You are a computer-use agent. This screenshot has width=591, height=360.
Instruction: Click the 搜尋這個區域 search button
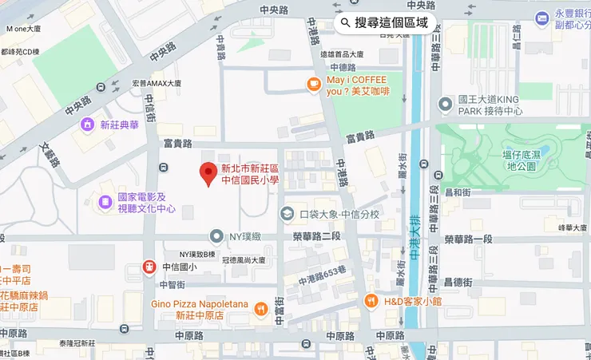tap(385, 22)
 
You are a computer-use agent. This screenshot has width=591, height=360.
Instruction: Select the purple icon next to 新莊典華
tap(86, 125)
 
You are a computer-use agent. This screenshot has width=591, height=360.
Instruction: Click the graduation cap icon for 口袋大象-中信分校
tap(287, 214)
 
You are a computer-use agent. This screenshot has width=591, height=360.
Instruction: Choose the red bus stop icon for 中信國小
tap(149, 267)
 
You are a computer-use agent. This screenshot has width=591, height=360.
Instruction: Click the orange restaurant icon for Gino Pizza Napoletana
tap(260, 308)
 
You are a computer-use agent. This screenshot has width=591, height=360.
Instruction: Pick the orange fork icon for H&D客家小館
tap(371, 300)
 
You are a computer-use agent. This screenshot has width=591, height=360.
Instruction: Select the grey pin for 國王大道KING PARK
tap(446, 104)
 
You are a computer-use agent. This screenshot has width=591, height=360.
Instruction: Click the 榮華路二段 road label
tap(316, 236)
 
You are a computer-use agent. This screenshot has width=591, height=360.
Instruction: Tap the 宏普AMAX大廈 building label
tap(157, 83)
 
